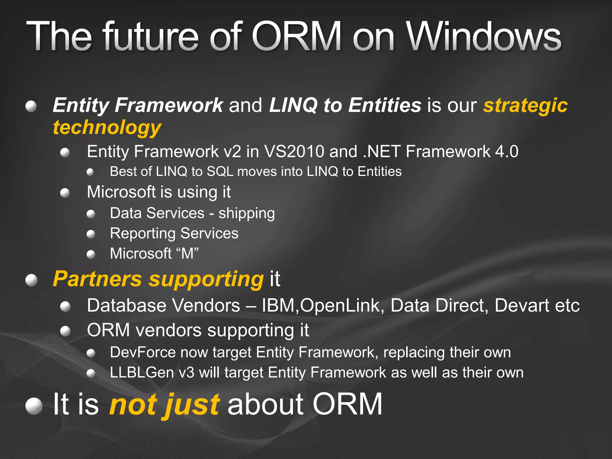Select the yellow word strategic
[525, 105]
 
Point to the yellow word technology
[107, 127]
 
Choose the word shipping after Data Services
[247, 213]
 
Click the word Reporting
[143, 233]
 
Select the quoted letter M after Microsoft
[187, 253]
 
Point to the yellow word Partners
[97, 279]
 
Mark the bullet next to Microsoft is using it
[65, 193]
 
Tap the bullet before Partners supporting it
[31, 280]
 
